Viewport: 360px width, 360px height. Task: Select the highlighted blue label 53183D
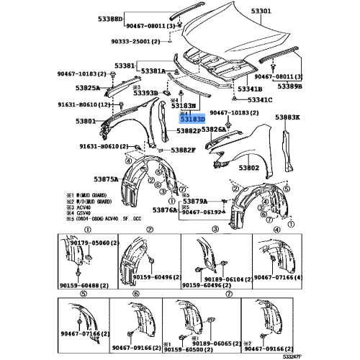(192, 119)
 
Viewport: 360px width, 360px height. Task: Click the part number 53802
(249, 168)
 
